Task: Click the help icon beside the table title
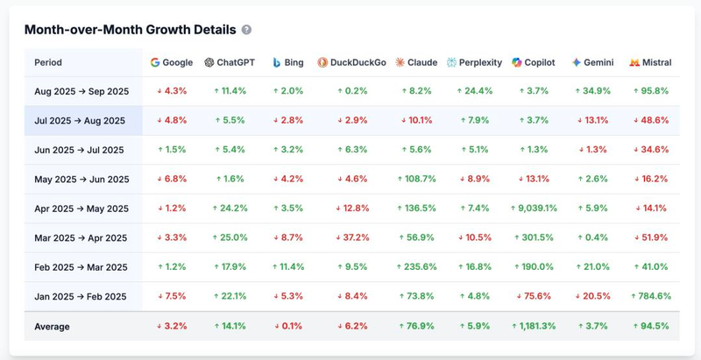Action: point(246,30)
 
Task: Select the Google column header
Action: point(171,62)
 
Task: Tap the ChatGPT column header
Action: point(229,62)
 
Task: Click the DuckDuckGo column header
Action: point(351,62)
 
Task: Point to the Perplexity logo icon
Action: point(451,62)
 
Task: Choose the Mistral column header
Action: point(650,62)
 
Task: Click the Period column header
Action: point(48,62)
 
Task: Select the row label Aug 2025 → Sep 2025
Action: point(81,91)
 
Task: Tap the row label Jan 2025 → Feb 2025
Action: point(81,296)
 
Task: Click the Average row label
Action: point(52,327)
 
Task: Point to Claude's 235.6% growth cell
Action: point(416,267)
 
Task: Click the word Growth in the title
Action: point(159,30)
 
